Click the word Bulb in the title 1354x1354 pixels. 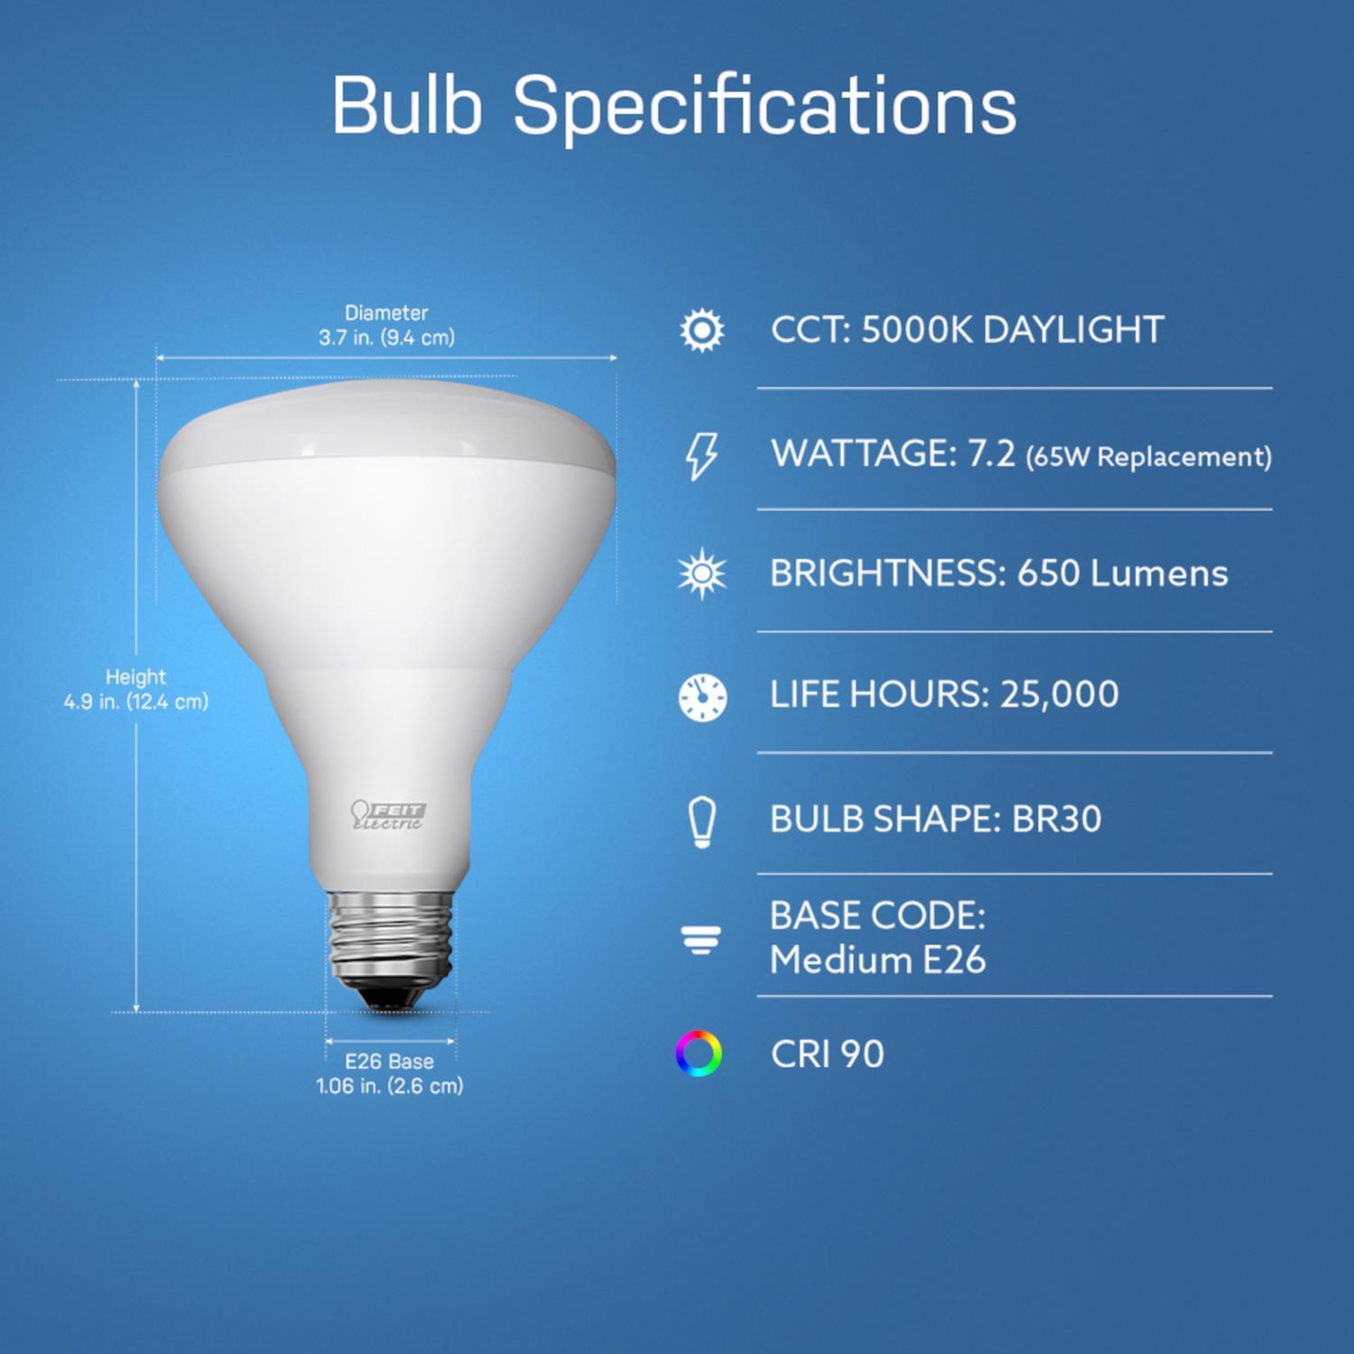pos(406,107)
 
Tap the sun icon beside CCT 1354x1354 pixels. pos(701,330)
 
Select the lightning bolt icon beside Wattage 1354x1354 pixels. pos(701,454)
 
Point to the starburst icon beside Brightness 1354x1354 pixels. pos(701,574)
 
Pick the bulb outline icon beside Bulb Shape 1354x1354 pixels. pos(701,821)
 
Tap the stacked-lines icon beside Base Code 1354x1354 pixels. pos(701,941)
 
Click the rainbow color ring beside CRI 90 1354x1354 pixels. pos(699,1053)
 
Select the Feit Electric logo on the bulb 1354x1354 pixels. pos(388,815)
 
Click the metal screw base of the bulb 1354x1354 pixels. pos(390,939)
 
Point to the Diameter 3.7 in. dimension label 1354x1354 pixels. pos(386,326)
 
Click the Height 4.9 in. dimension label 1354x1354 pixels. pos(136,690)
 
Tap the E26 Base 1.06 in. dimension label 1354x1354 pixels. pos(390,1074)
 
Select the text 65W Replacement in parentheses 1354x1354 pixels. pos(1148,457)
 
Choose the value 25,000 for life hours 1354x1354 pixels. pos(1060,694)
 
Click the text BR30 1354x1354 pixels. pos(1056,820)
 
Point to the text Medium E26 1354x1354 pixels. pos(877,960)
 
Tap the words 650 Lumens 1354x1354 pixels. pos(1122,574)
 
